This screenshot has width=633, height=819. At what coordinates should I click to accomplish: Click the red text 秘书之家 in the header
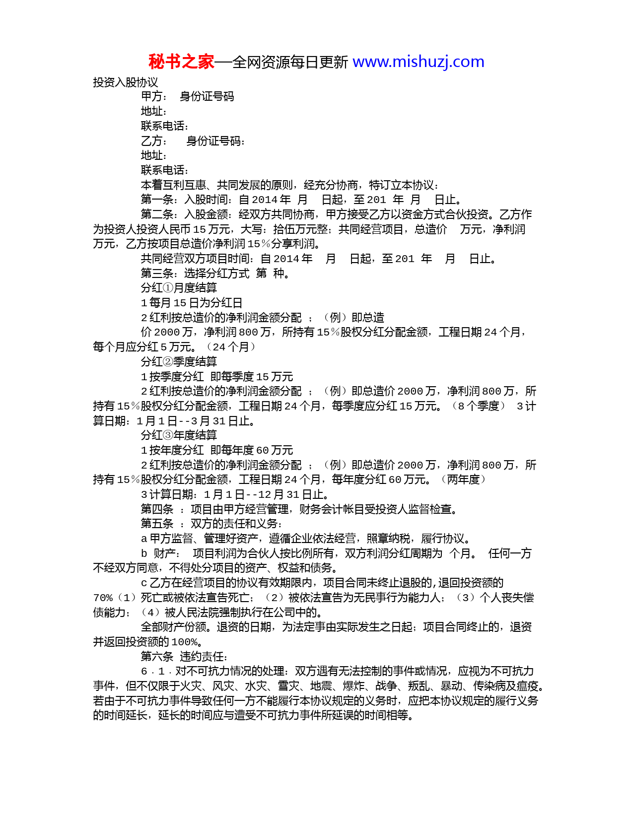(x=181, y=62)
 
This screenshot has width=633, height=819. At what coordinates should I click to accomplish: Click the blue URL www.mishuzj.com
(x=418, y=62)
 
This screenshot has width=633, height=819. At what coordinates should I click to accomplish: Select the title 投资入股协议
(x=125, y=82)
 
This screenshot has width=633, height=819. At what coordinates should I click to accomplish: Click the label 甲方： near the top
(x=154, y=97)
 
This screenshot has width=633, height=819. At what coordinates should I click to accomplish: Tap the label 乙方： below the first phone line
(x=154, y=141)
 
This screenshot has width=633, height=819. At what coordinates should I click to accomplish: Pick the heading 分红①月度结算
(x=179, y=288)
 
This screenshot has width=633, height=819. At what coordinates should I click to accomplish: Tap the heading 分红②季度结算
(x=179, y=362)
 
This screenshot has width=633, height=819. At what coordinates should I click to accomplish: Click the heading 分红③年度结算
(x=179, y=435)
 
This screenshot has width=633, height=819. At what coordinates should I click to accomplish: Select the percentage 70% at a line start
(x=103, y=598)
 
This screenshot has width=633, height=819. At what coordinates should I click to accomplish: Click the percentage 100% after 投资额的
(x=184, y=642)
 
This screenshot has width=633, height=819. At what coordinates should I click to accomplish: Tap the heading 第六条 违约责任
(x=184, y=657)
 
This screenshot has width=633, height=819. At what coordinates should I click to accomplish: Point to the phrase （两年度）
(x=463, y=479)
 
